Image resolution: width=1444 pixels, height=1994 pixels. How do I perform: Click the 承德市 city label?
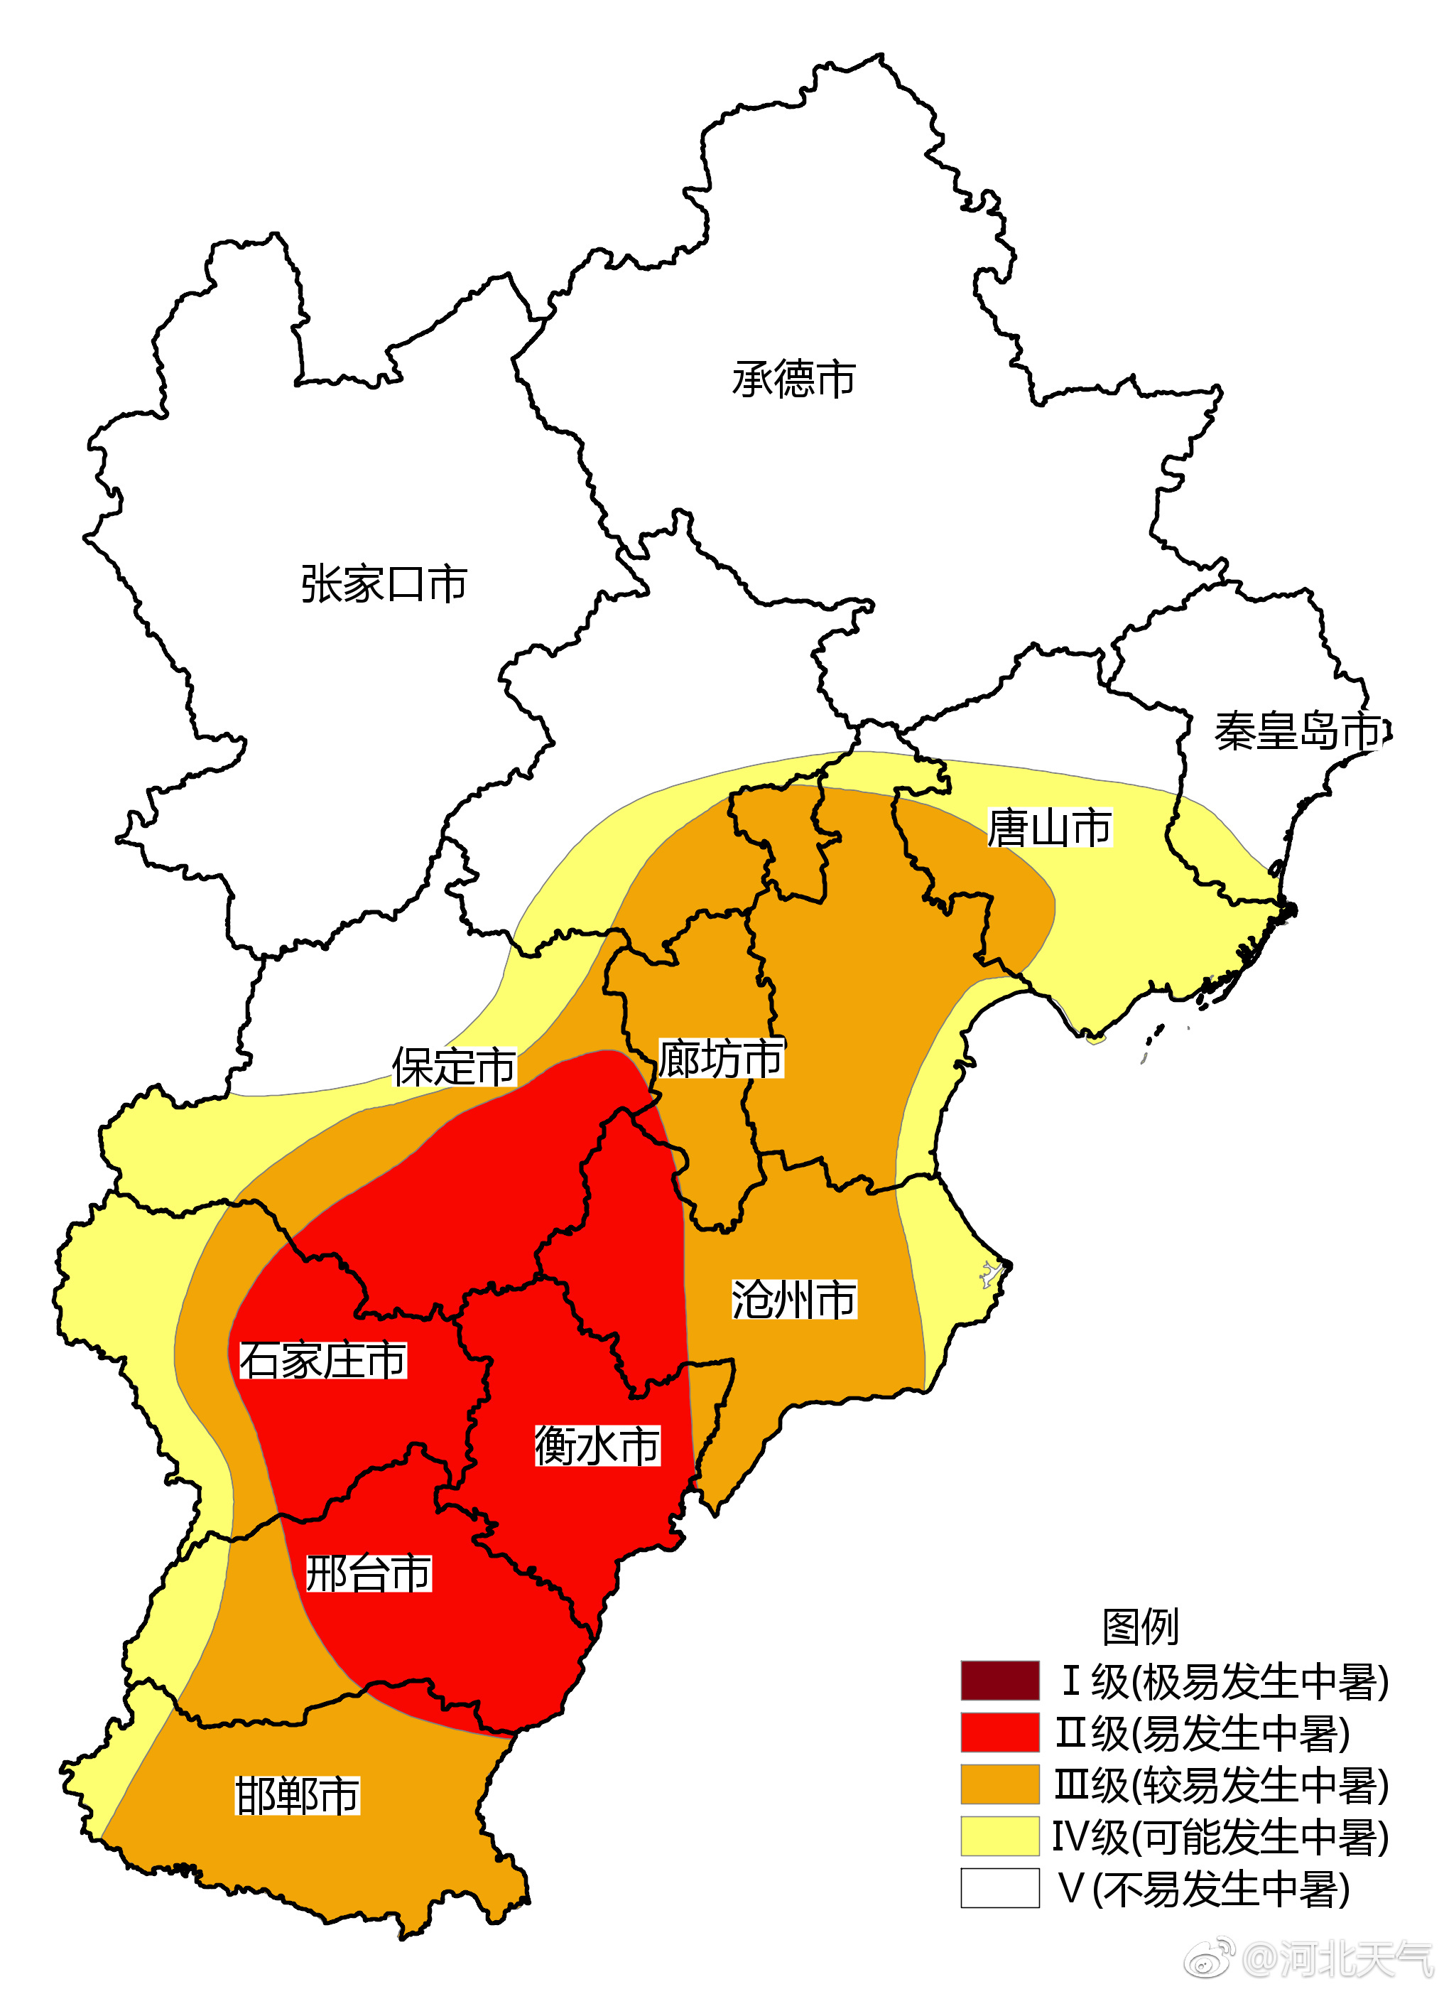793,379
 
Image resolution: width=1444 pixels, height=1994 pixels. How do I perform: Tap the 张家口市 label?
384,584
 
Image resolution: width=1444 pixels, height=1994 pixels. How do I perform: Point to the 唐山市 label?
1049,828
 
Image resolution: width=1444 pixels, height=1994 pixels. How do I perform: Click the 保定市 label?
453,1067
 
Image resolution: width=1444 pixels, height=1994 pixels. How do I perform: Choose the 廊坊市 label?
721,1059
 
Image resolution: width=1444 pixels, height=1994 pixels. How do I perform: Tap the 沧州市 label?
793,1300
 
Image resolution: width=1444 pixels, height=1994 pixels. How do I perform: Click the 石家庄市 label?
323,1360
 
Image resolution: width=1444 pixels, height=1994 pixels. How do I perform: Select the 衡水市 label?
597,1445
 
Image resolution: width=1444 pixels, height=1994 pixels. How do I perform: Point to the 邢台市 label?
368,1573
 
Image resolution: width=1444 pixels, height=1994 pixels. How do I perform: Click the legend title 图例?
1140,1627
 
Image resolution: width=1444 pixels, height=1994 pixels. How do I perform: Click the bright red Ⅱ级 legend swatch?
999,1732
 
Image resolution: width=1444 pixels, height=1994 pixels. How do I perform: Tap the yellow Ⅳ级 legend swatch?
999,1836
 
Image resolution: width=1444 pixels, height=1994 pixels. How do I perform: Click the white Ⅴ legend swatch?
999,1887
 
